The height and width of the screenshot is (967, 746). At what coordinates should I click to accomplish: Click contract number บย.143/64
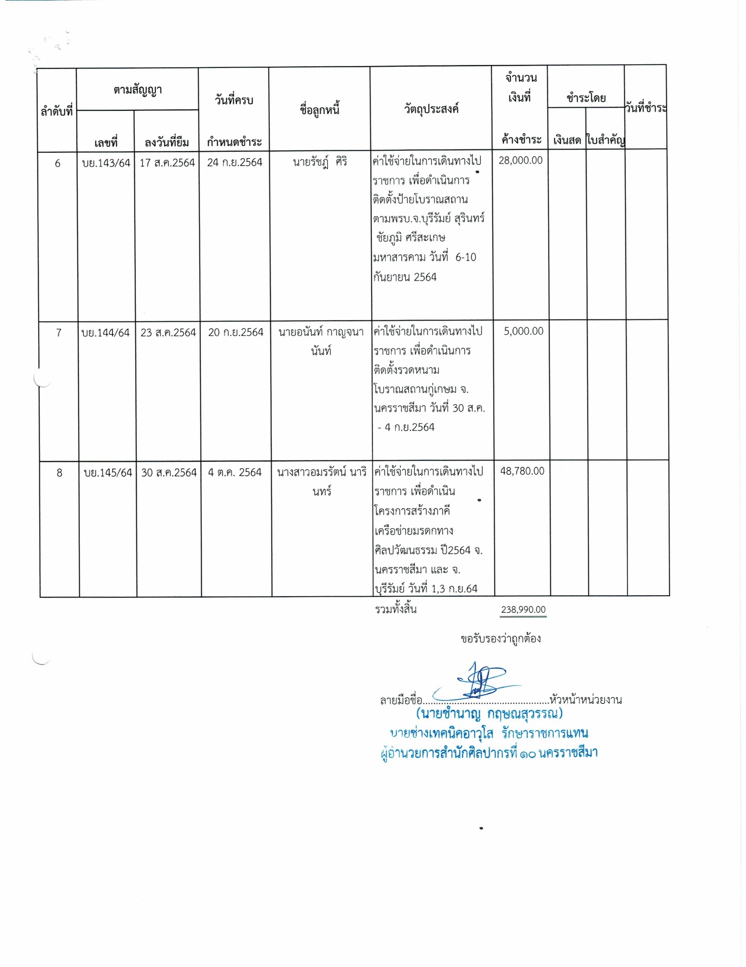[106, 163]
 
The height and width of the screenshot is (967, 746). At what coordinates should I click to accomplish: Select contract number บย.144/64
[106, 333]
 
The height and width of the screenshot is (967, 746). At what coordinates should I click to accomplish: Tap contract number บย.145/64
[108, 473]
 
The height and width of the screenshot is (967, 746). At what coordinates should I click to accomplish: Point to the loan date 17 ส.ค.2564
[167, 163]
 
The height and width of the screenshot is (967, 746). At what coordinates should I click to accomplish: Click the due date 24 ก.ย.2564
[234, 162]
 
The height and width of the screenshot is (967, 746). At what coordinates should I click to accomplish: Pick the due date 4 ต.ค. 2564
[234, 472]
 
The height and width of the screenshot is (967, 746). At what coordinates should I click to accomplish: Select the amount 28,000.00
[520, 161]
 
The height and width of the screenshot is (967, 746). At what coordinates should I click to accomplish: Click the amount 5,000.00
[523, 331]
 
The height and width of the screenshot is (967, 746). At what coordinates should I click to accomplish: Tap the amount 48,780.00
[522, 471]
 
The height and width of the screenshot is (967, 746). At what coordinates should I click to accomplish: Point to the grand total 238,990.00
[523, 610]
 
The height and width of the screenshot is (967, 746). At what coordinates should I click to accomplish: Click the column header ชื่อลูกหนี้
[320, 109]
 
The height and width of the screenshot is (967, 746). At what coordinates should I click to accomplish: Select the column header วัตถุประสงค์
[431, 109]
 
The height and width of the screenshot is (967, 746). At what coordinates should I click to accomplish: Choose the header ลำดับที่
[57, 111]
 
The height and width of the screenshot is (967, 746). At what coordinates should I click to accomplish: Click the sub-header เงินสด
[567, 141]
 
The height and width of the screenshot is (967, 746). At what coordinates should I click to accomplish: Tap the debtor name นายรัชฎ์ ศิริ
[320, 162]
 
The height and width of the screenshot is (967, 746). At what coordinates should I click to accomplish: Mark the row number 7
[58, 333]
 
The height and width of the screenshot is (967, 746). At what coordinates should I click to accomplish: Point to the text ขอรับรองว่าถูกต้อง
[501, 639]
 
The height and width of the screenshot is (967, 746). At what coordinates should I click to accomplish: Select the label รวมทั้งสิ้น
[396, 609]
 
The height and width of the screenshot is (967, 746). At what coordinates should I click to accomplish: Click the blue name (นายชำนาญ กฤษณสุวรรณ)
[489, 714]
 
